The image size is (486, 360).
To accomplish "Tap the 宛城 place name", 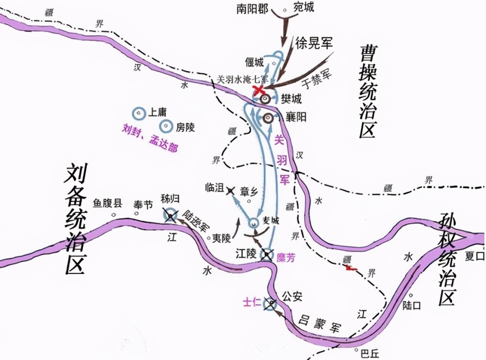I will click(x=304, y=7).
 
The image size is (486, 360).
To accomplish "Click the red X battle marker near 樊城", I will click(x=259, y=91).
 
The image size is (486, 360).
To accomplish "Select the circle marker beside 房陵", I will click(x=166, y=127).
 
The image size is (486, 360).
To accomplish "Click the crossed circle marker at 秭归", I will click(x=171, y=215).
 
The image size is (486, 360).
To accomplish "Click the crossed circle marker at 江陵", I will click(x=267, y=255).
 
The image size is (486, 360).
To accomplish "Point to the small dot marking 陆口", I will click(x=411, y=295).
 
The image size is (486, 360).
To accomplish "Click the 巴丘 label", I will click(x=368, y=352).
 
